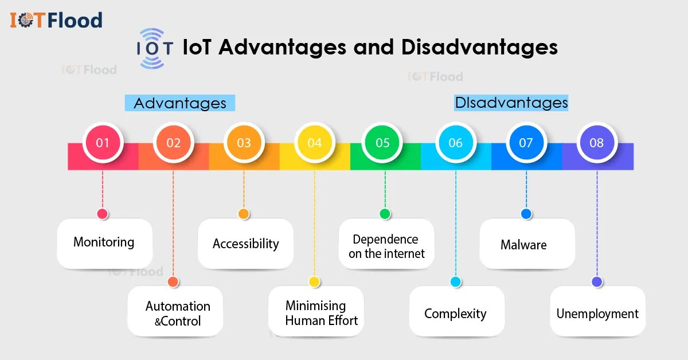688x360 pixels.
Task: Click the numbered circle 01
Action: (103, 142)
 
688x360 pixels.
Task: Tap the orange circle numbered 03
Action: (244, 142)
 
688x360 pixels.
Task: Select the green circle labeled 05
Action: (383, 142)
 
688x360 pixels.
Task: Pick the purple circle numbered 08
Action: (597, 142)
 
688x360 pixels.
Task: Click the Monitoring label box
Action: (104, 243)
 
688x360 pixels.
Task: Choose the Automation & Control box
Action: (175, 312)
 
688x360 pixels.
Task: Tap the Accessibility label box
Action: (245, 244)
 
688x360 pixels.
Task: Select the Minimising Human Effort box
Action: (316, 312)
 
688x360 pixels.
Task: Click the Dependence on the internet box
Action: (386, 245)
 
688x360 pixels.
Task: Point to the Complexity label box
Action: (456, 313)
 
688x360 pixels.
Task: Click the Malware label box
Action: (526, 244)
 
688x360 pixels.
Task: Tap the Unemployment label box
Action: (597, 313)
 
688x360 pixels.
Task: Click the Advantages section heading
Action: (180, 103)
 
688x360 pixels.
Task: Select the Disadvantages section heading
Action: (511, 103)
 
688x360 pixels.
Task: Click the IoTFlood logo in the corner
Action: (56, 21)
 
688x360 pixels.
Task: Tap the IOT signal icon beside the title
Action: (154, 48)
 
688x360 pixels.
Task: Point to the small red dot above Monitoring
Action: (103, 214)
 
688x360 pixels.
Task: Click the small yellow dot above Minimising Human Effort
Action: (314, 281)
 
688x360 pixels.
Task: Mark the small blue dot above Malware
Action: (526, 214)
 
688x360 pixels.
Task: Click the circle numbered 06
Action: (455, 142)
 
